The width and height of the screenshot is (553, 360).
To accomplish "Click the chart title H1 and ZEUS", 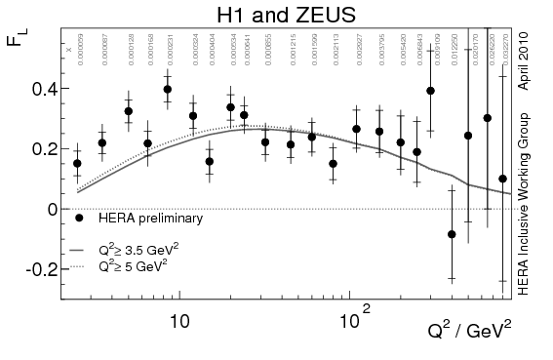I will [276, 14].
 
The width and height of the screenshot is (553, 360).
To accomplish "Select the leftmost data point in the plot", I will [78, 164].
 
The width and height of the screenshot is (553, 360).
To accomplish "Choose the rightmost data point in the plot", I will [502, 179].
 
